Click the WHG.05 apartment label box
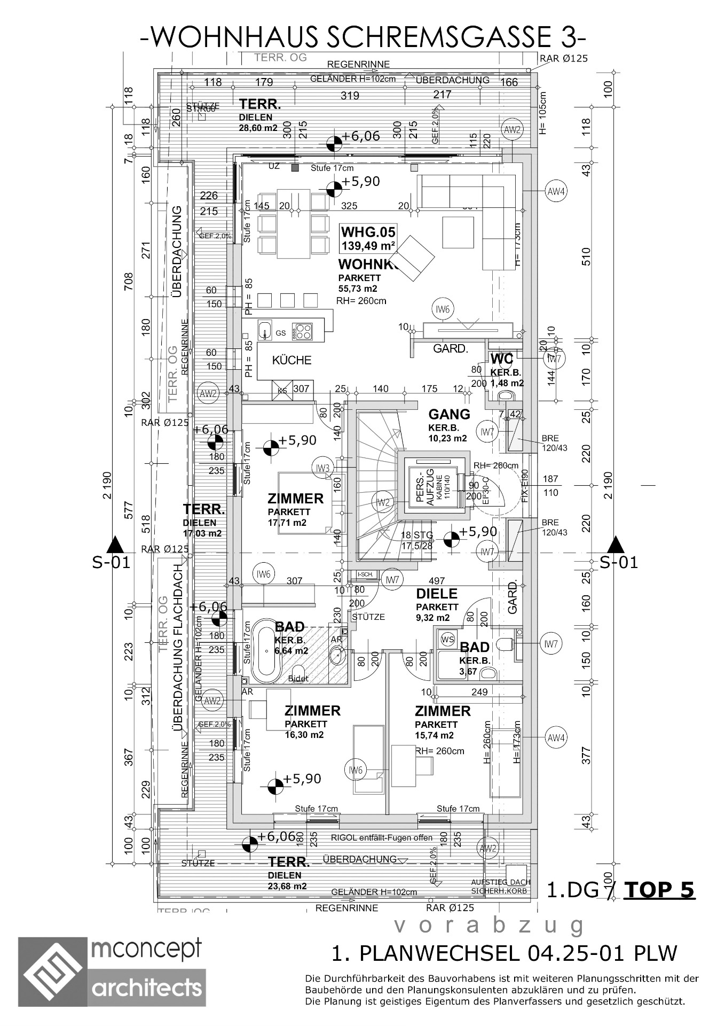coord(368,238)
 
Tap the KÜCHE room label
coord(291,360)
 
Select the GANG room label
coord(450,414)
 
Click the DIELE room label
coord(437,594)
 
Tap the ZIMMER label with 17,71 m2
coord(295,499)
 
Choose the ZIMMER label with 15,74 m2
coord(443,711)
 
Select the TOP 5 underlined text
coord(659,889)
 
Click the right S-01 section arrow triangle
coord(616,545)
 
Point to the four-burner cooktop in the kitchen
coord(303,331)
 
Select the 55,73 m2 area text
coord(358,289)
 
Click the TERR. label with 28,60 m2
coord(260,104)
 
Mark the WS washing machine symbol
coord(446,639)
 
